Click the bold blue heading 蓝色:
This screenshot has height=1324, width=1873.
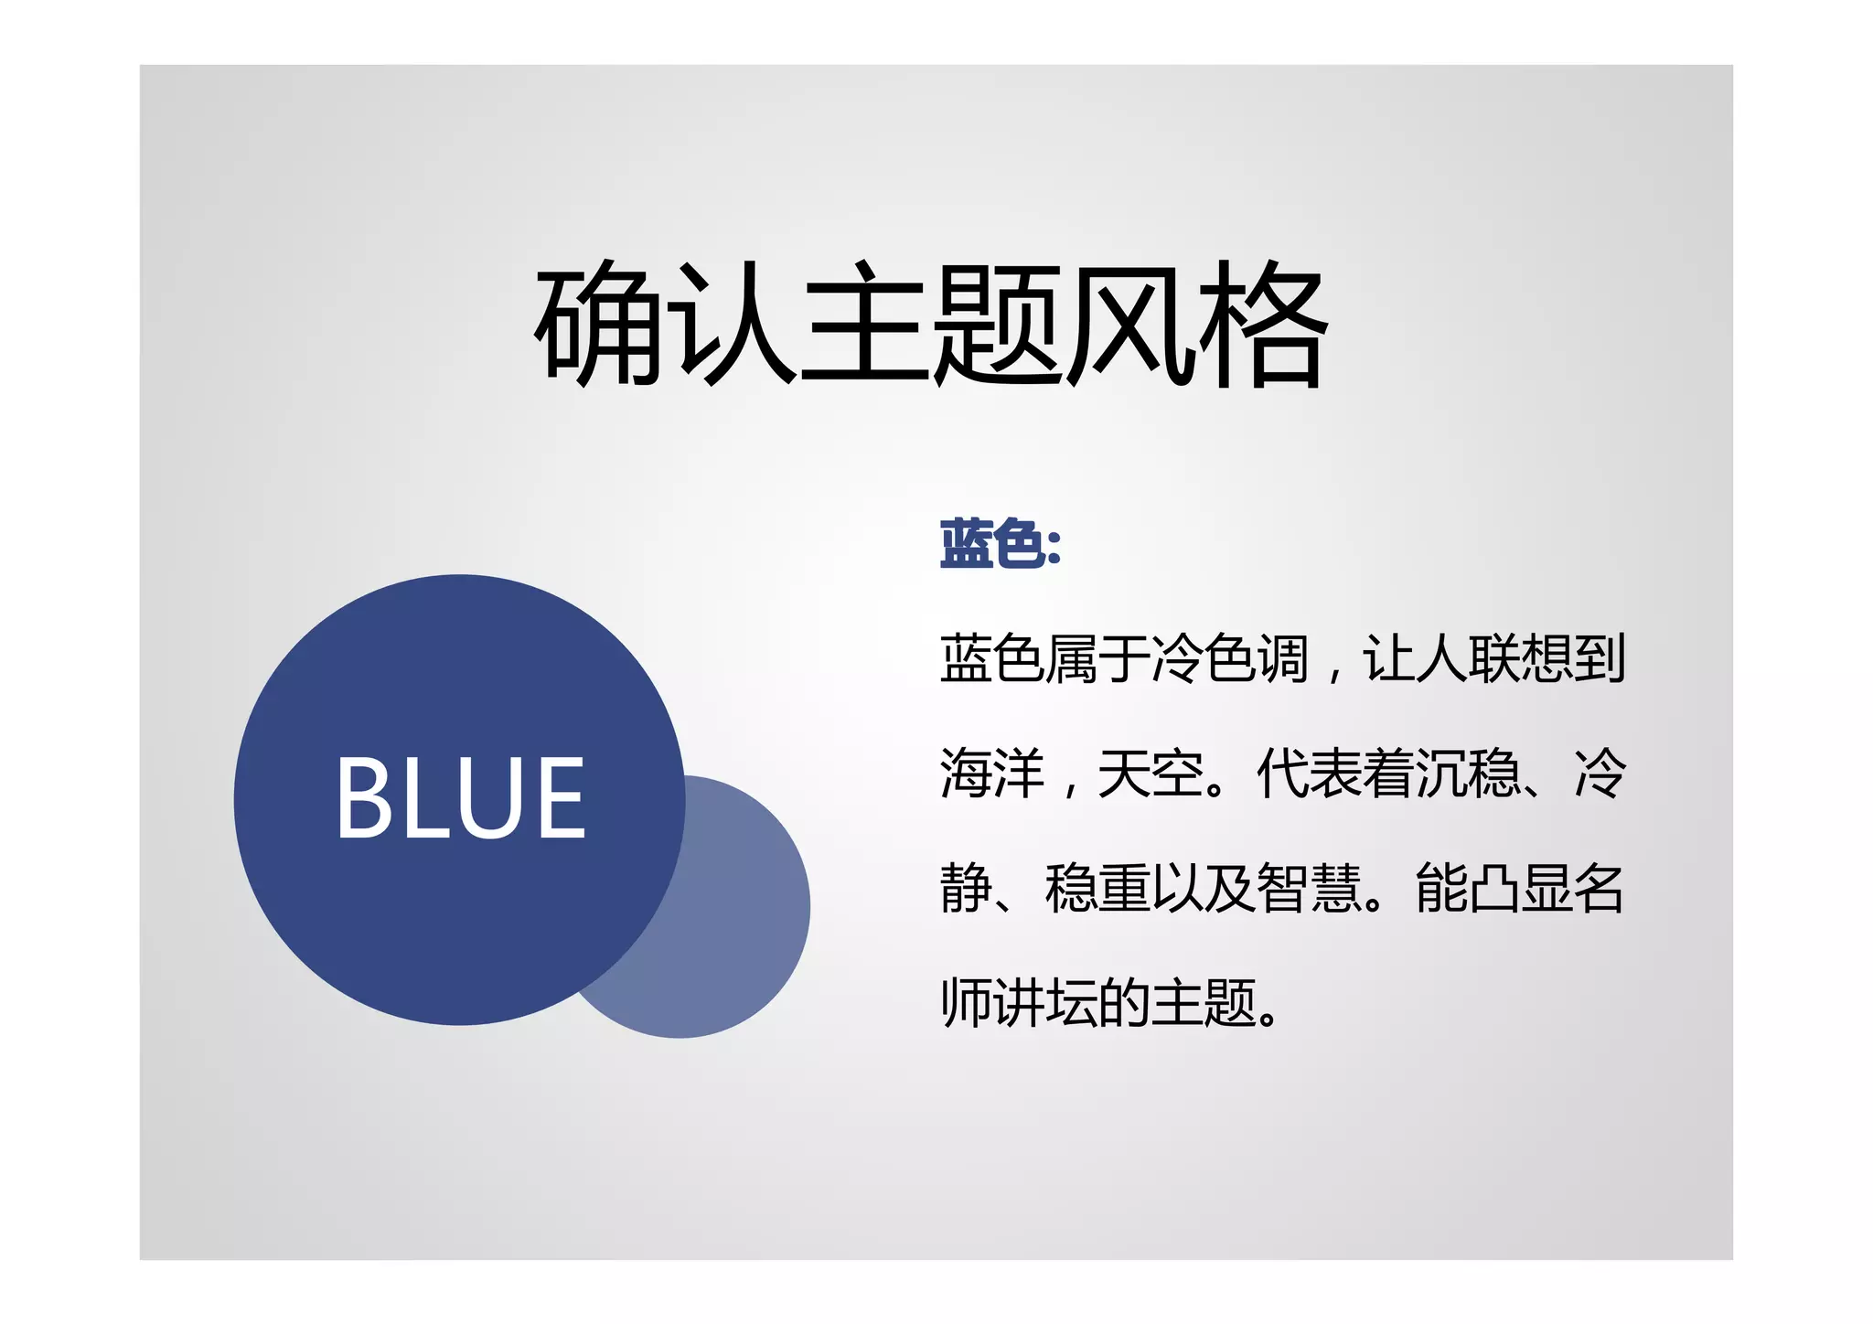pos(1000,544)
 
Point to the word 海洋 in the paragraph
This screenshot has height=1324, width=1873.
pos(992,774)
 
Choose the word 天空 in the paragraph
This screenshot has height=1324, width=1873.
pos(1151,774)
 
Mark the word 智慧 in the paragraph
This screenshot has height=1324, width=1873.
pos(1309,889)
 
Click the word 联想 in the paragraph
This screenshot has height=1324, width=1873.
pos(1520,658)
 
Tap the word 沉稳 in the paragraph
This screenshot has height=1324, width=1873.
pos(1467,774)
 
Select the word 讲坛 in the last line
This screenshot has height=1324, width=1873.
pos(1045,1003)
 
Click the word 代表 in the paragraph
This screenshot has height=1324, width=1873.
pos(1309,774)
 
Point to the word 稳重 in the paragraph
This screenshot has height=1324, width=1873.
pos(1097,889)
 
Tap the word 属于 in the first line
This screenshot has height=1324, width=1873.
pos(1097,658)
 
